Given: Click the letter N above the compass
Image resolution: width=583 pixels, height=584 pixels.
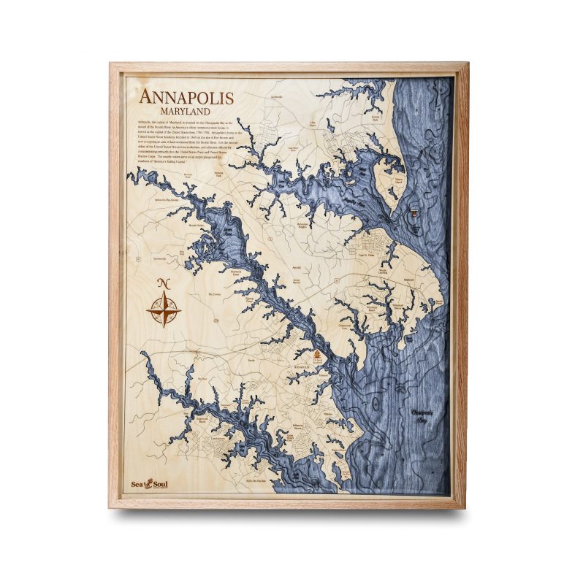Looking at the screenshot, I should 164,284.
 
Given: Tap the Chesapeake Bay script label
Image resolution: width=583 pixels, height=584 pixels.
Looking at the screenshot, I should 423,415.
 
